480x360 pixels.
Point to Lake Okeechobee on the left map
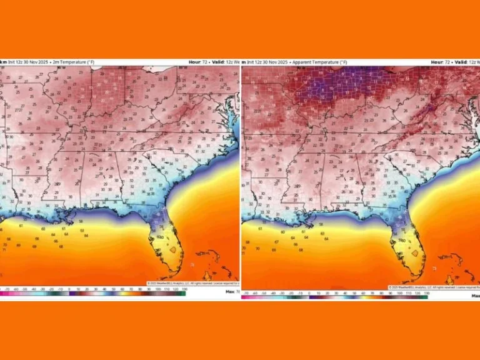click(x=172, y=249)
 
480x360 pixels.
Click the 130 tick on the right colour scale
click(x=426, y=292)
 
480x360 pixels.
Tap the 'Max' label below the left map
click(x=231, y=291)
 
